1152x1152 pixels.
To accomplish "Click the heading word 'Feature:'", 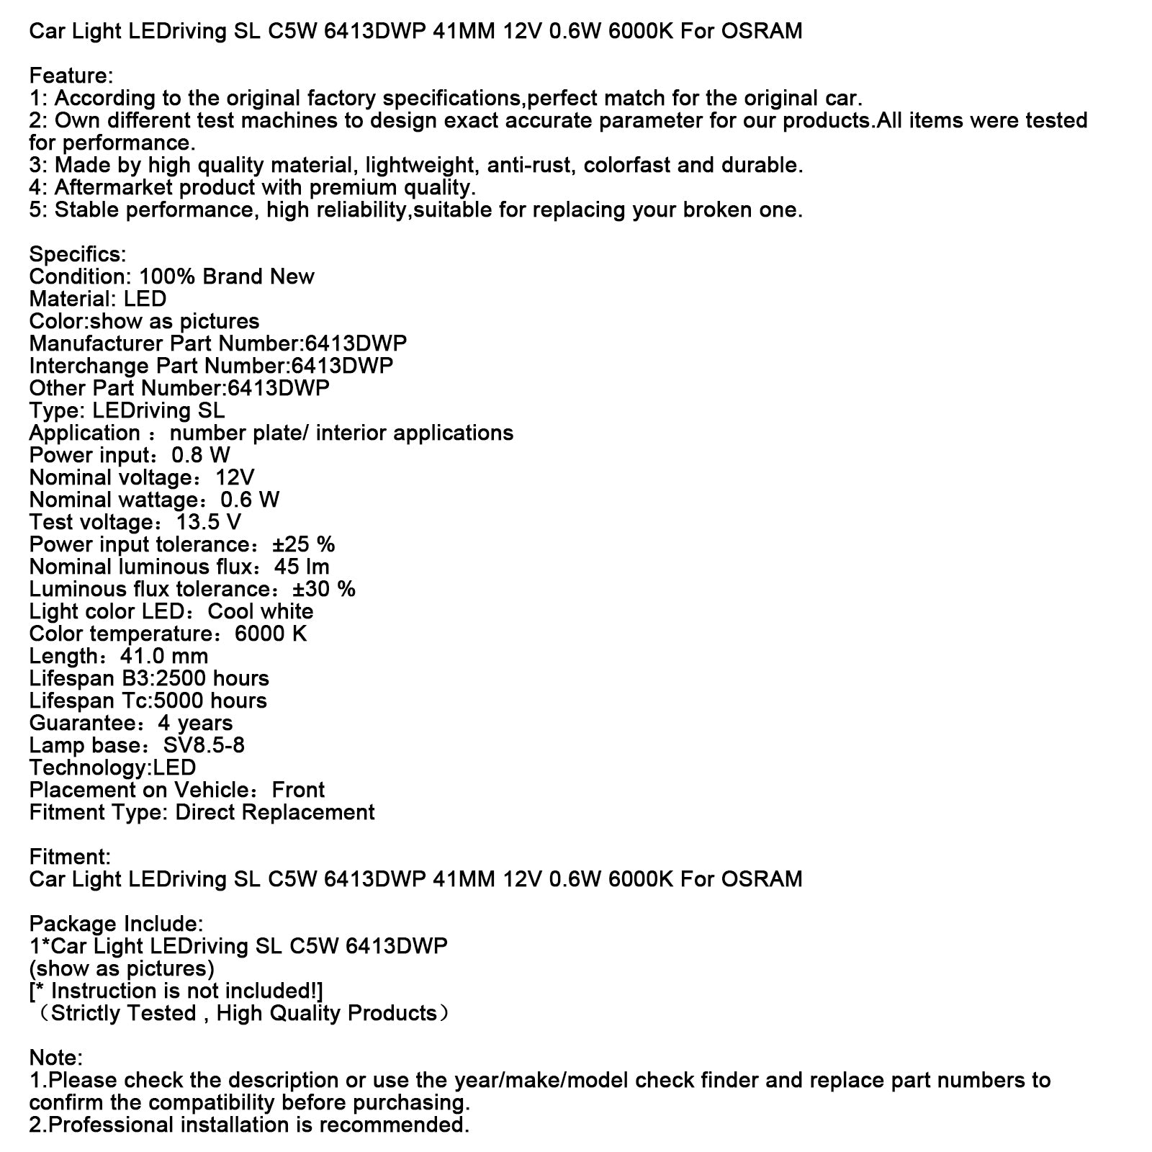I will (71, 76).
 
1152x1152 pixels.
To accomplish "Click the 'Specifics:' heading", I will (78, 254).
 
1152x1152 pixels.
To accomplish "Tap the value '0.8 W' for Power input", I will (201, 455).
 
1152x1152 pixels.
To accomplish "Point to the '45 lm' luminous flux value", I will (302, 567).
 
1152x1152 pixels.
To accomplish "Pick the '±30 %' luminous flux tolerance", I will (324, 589).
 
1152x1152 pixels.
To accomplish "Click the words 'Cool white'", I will (261, 611).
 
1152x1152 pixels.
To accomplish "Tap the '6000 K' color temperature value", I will (271, 634).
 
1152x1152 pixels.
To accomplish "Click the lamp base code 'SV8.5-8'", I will (204, 745).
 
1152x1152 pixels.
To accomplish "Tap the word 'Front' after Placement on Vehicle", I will (298, 790).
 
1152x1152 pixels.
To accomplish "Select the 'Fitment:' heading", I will (70, 857).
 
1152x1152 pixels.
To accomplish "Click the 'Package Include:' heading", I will (117, 924).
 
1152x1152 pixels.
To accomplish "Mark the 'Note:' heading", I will (56, 1058).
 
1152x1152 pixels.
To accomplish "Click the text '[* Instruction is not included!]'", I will (176, 991).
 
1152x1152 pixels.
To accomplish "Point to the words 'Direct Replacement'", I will (275, 812).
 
